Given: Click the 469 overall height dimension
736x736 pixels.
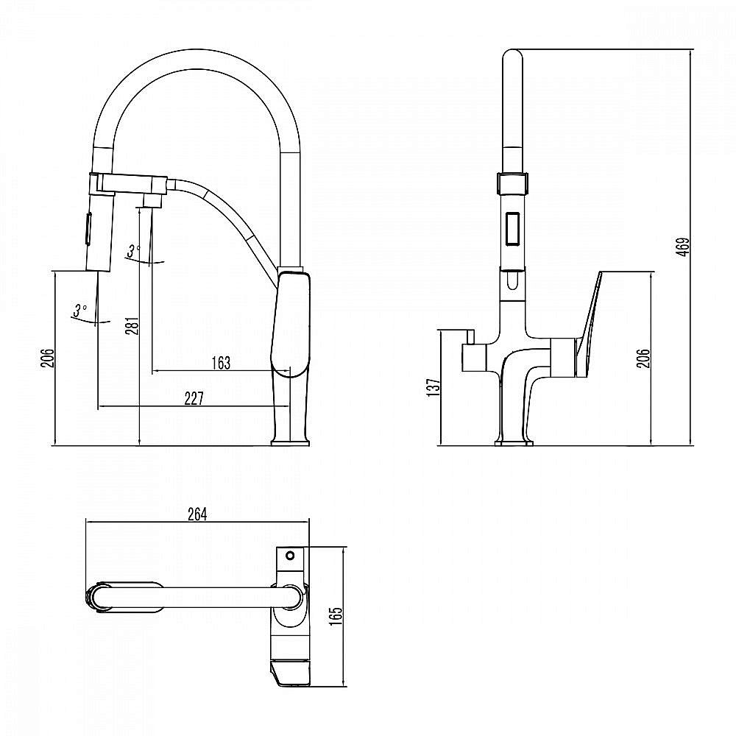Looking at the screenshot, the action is click(x=684, y=247).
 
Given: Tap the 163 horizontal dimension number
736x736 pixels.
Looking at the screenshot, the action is click(x=221, y=364).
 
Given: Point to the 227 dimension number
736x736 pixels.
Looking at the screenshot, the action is click(x=194, y=398).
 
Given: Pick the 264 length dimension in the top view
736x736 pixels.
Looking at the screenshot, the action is click(x=197, y=514).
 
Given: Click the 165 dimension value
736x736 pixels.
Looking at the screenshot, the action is click(x=336, y=616).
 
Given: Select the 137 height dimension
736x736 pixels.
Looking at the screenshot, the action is click(x=434, y=388).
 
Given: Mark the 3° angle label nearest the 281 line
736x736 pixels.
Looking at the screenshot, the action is click(x=133, y=252).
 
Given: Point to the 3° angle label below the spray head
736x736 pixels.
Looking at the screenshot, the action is click(x=79, y=311).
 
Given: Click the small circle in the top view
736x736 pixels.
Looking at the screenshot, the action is click(x=290, y=556).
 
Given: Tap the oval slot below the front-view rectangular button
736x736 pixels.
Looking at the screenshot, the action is click(x=512, y=282).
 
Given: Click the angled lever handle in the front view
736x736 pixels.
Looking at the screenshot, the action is click(x=589, y=323).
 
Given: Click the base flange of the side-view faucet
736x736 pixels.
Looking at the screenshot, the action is click(x=291, y=442).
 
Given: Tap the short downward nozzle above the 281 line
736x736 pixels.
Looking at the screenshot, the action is click(x=152, y=202).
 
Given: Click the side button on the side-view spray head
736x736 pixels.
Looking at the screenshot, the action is click(x=88, y=228).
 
